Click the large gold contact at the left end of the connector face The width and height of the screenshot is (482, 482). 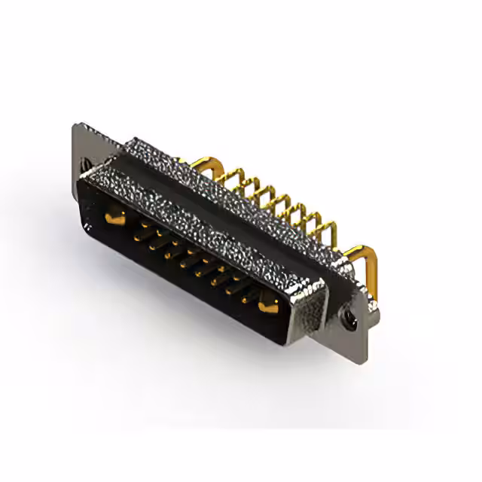point(114,218)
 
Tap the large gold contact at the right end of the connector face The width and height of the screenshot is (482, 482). point(267,306)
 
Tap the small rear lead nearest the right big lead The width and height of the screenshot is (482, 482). point(326,226)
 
